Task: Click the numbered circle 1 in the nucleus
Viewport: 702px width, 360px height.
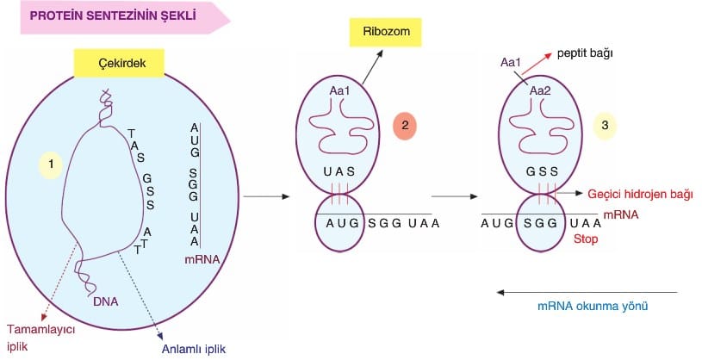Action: (x=51, y=163)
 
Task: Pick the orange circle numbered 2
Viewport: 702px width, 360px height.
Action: (x=405, y=126)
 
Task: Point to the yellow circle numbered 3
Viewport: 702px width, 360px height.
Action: (x=606, y=126)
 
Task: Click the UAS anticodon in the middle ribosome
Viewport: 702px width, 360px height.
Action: (x=339, y=171)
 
